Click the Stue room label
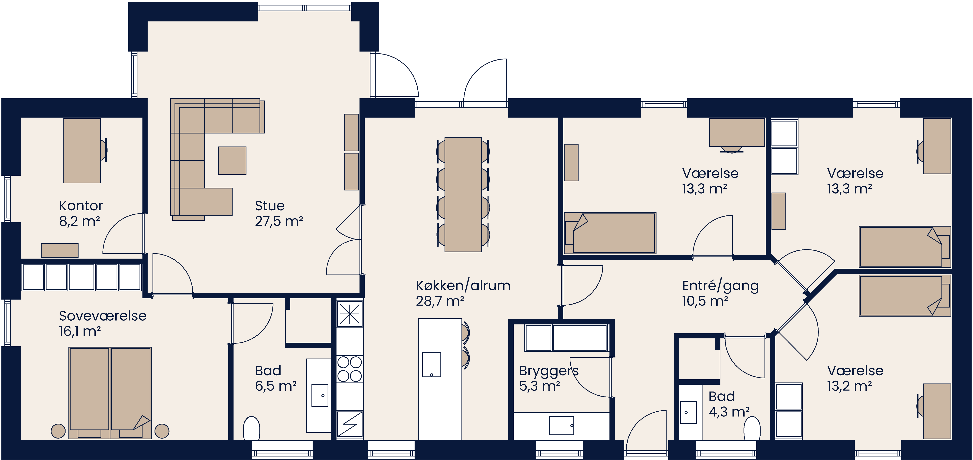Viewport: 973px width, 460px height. pyautogui.click(x=269, y=206)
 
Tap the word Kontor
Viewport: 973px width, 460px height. pyautogui.click(x=81, y=206)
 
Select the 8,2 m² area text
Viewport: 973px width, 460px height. pyautogui.click(x=79, y=221)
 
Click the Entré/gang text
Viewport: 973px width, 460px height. pyautogui.click(x=720, y=286)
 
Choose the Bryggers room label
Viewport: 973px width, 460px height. pyautogui.click(x=549, y=371)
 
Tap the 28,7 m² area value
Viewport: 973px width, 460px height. pyautogui.click(x=440, y=301)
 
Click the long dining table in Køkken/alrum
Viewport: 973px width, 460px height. pyautogui.click(x=463, y=195)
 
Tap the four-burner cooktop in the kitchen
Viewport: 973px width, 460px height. pyautogui.click(x=349, y=369)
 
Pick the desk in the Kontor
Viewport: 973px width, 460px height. pyautogui.click(x=82, y=151)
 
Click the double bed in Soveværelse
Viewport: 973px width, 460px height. pyautogui.click(x=110, y=392)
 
